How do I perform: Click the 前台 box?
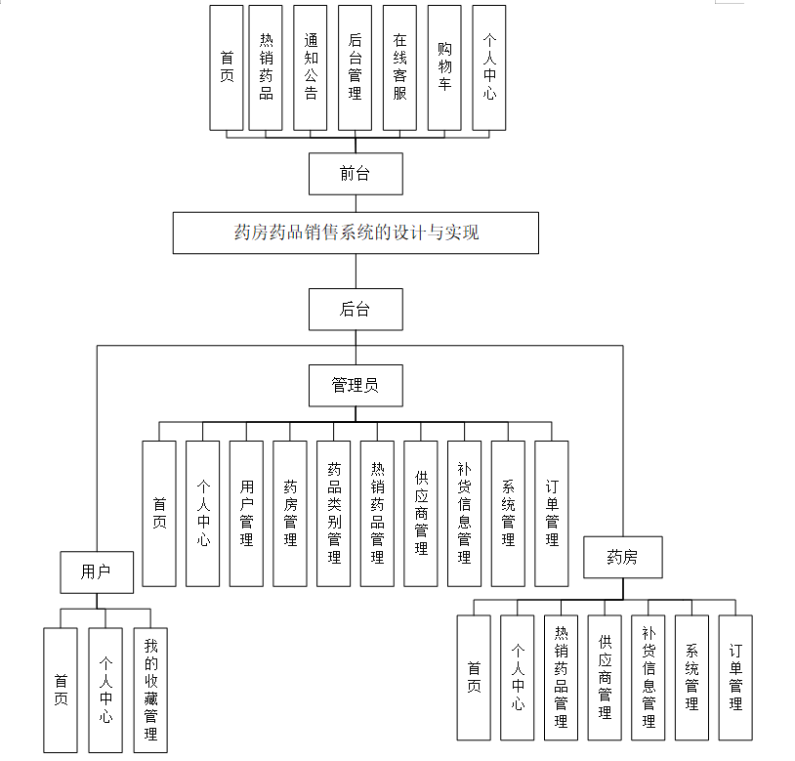pyautogui.click(x=355, y=174)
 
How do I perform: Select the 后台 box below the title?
pyautogui.click(x=355, y=309)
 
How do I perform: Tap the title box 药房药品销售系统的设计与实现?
pyautogui.click(x=356, y=233)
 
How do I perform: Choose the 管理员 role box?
pyautogui.click(x=355, y=385)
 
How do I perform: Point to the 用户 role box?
pyautogui.click(x=96, y=571)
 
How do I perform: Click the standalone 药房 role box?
pyautogui.click(x=622, y=558)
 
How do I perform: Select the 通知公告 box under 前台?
pyautogui.click(x=311, y=67)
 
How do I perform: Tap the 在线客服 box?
pyautogui.click(x=399, y=67)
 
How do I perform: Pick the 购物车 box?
pyautogui.click(x=444, y=67)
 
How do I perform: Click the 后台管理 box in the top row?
pyautogui.click(x=355, y=67)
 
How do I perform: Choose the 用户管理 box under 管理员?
pyautogui.click(x=246, y=513)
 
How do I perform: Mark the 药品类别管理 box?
pyautogui.click(x=334, y=513)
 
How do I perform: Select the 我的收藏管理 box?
pyautogui.click(x=150, y=690)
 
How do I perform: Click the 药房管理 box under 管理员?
pyautogui.click(x=290, y=513)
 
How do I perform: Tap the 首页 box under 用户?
pyautogui.click(x=61, y=690)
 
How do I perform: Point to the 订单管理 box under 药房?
pyautogui.click(x=735, y=676)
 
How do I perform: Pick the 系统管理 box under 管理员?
pyautogui.click(x=508, y=513)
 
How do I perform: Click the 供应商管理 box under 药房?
pyautogui.click(x=605, y=676)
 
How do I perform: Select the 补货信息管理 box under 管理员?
pyautogui.click(x=464, y=513)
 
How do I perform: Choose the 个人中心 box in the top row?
pyautogui.click(x=488, y=67)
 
